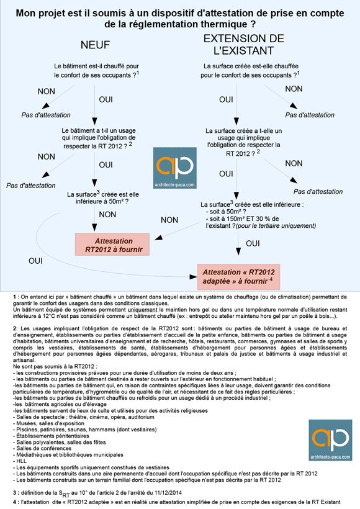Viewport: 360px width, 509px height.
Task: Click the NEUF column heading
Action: [x=95, y=45]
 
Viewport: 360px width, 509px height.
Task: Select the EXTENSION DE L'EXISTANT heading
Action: [x=244, y=45]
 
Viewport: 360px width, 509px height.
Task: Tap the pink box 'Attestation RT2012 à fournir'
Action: [x=112, y=245]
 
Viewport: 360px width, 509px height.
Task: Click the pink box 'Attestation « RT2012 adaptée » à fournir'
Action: [x=238, y=277]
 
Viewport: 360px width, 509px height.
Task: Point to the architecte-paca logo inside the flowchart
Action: [x=175, y=168]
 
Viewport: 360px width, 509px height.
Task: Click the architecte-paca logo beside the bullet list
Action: [x=330, y=440]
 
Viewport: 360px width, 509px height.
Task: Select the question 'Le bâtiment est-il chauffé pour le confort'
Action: [x=96, y=70]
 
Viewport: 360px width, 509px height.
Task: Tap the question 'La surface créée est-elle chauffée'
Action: [x=250, y=70]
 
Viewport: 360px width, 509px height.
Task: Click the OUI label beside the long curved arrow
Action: [x=35, y=261]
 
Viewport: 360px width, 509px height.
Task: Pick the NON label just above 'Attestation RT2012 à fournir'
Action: [x=107, y=215]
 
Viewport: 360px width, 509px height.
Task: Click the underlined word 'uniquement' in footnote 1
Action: [x=142, y=310]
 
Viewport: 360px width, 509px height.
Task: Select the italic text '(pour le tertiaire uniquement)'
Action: [x=276, y=226]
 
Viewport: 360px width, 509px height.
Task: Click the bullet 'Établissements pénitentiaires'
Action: [x=51, y=436]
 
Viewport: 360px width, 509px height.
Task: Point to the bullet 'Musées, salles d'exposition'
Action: [x=48, y=423]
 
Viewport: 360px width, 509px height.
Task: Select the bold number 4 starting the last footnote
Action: [x=15, y=502]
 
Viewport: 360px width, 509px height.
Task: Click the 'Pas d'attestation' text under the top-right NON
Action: [x=310, y=115]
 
